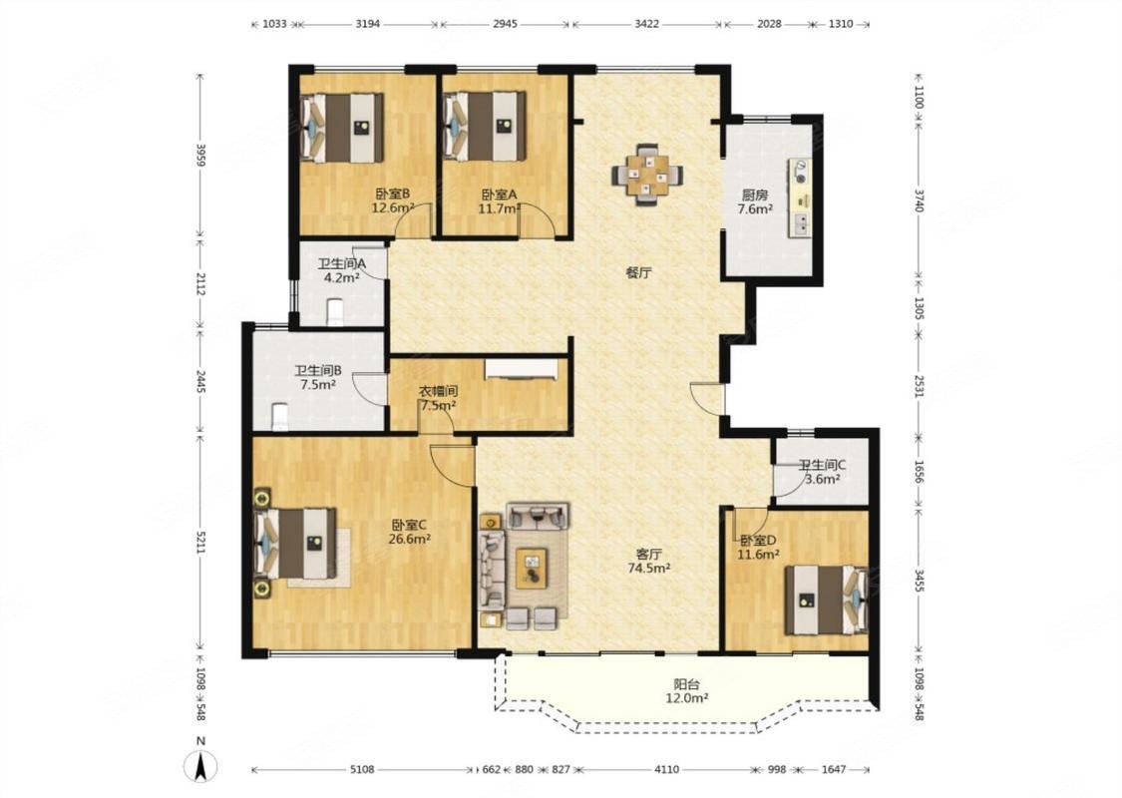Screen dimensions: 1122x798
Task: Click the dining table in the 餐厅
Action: tap(647, 175)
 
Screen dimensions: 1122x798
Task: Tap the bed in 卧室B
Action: tap(343, 128)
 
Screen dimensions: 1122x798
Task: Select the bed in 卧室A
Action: tap(485, 127)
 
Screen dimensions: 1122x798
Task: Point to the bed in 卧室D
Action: tap(827, 599)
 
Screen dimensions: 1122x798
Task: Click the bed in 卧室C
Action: tap(296, 544)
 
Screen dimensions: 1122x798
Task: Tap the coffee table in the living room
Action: tap(531, 567)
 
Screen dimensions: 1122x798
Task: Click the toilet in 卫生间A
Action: tap(335, 312)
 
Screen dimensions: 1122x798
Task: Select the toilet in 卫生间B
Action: tap(280, 417)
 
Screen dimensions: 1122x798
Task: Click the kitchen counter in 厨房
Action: tap(800, 198)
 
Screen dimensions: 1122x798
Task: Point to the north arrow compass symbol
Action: tap(201, 766)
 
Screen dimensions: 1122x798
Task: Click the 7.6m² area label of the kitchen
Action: tap(755, 209)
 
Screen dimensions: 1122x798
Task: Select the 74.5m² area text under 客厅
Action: tap(649, 569)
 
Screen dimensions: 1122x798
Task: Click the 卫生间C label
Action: tap(822, 465)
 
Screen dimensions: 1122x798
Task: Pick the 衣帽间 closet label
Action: tap(438, 391)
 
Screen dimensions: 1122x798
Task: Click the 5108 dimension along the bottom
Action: tap(363, 769)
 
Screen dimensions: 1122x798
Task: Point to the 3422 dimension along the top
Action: tap(647, 24)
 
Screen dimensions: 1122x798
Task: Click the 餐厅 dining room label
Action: tap(639, 272)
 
